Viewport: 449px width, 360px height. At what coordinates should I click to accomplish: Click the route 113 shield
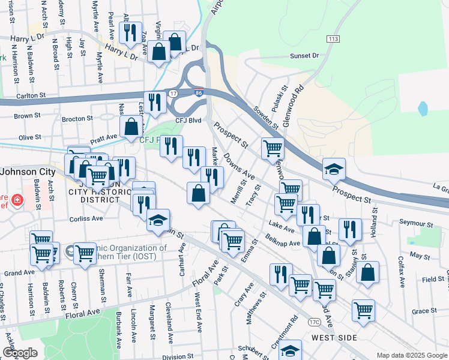333,39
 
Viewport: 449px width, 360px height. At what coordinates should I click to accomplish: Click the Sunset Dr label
304,56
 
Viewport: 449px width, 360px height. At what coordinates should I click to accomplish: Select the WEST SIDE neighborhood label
334,338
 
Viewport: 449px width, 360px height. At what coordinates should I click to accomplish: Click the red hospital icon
18,200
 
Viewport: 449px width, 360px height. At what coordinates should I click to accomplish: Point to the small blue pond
422,109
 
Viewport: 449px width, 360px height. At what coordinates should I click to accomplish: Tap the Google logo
20,353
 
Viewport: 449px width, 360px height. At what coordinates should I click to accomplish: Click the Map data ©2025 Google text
411,355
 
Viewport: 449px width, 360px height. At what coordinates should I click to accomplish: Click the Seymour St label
417,224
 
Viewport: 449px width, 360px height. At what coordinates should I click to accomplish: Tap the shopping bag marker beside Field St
367,271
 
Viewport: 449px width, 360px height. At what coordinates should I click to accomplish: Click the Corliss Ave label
86,219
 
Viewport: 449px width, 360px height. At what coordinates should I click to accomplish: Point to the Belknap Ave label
284,244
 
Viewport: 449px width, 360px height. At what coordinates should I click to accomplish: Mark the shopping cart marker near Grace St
363,310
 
